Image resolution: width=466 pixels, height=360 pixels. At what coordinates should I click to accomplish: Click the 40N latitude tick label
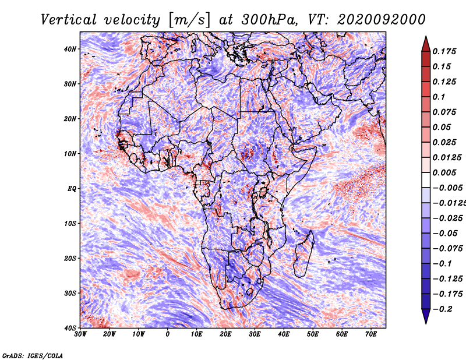coord(70,49)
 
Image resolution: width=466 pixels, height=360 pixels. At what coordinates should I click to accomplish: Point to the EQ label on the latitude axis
coord(72,189)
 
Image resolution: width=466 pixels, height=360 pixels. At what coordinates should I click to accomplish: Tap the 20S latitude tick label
coord(70,258)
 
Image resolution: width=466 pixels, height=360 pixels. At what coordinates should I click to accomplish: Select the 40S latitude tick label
coord(70,328)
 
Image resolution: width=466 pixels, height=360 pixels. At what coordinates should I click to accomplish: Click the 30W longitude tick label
coord(80,334)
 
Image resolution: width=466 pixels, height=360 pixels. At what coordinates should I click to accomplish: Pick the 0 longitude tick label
coord(168,334)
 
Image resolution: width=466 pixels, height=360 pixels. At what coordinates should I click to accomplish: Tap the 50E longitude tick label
coord(313,334)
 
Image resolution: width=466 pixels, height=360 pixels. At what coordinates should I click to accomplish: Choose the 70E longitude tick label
coord(371,334)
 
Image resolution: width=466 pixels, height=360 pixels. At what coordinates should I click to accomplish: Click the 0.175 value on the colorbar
coord(444,51)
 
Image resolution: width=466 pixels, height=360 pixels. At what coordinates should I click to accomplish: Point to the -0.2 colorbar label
coord(443,309)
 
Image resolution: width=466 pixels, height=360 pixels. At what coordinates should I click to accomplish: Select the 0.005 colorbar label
coord(444,172)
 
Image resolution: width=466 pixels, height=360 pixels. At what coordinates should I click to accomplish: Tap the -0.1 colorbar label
coord(443,264)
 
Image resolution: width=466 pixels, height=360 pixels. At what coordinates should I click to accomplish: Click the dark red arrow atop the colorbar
coord(426,45)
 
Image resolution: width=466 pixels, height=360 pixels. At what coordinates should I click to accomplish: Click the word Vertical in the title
coord(69,20)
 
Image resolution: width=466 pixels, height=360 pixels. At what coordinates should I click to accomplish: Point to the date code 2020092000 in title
coord(382,20)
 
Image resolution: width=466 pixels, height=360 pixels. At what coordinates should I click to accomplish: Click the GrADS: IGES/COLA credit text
coord(33,355)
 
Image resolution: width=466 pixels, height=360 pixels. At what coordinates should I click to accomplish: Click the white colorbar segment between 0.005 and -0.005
coord(426,180)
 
